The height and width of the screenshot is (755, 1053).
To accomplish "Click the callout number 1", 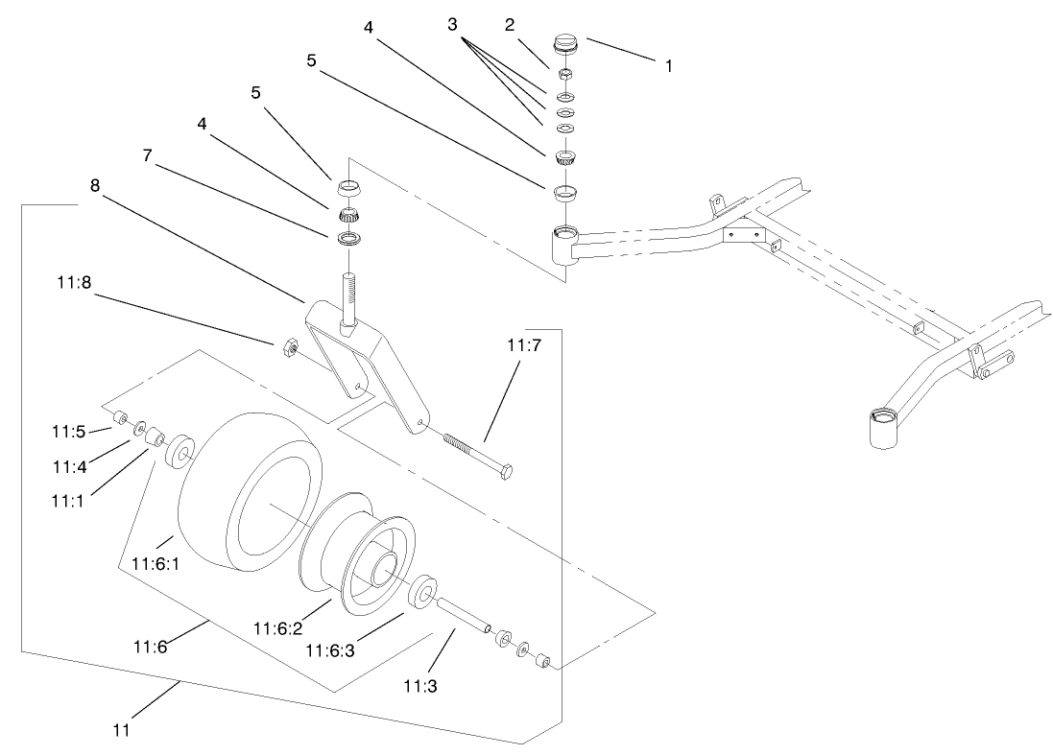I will coord(668,67).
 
